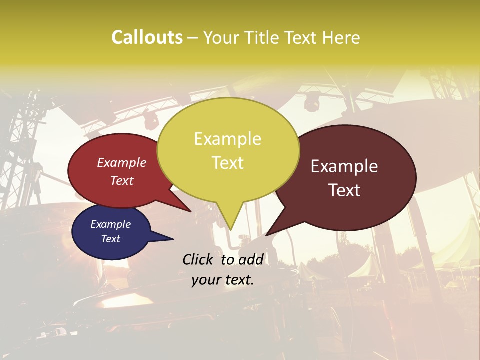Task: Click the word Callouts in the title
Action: (147, 37)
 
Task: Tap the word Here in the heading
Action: (341, 37)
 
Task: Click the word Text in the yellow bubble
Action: (227, 163)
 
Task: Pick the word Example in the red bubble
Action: (122, 162)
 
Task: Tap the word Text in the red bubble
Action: (122, 180)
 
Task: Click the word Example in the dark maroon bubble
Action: (344, 166)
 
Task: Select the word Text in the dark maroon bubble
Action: (344, 190)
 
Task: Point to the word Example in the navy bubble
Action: (110, 224)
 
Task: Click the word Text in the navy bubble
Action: (110, 239)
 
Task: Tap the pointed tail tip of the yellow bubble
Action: (230, 230)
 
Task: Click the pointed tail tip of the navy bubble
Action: (173, 239)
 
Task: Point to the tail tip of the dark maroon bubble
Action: (266, 235)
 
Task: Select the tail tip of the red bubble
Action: (191, 211)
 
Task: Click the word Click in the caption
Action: (198, 259)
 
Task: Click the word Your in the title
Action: (220, 37)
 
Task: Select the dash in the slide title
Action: (193, 38)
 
